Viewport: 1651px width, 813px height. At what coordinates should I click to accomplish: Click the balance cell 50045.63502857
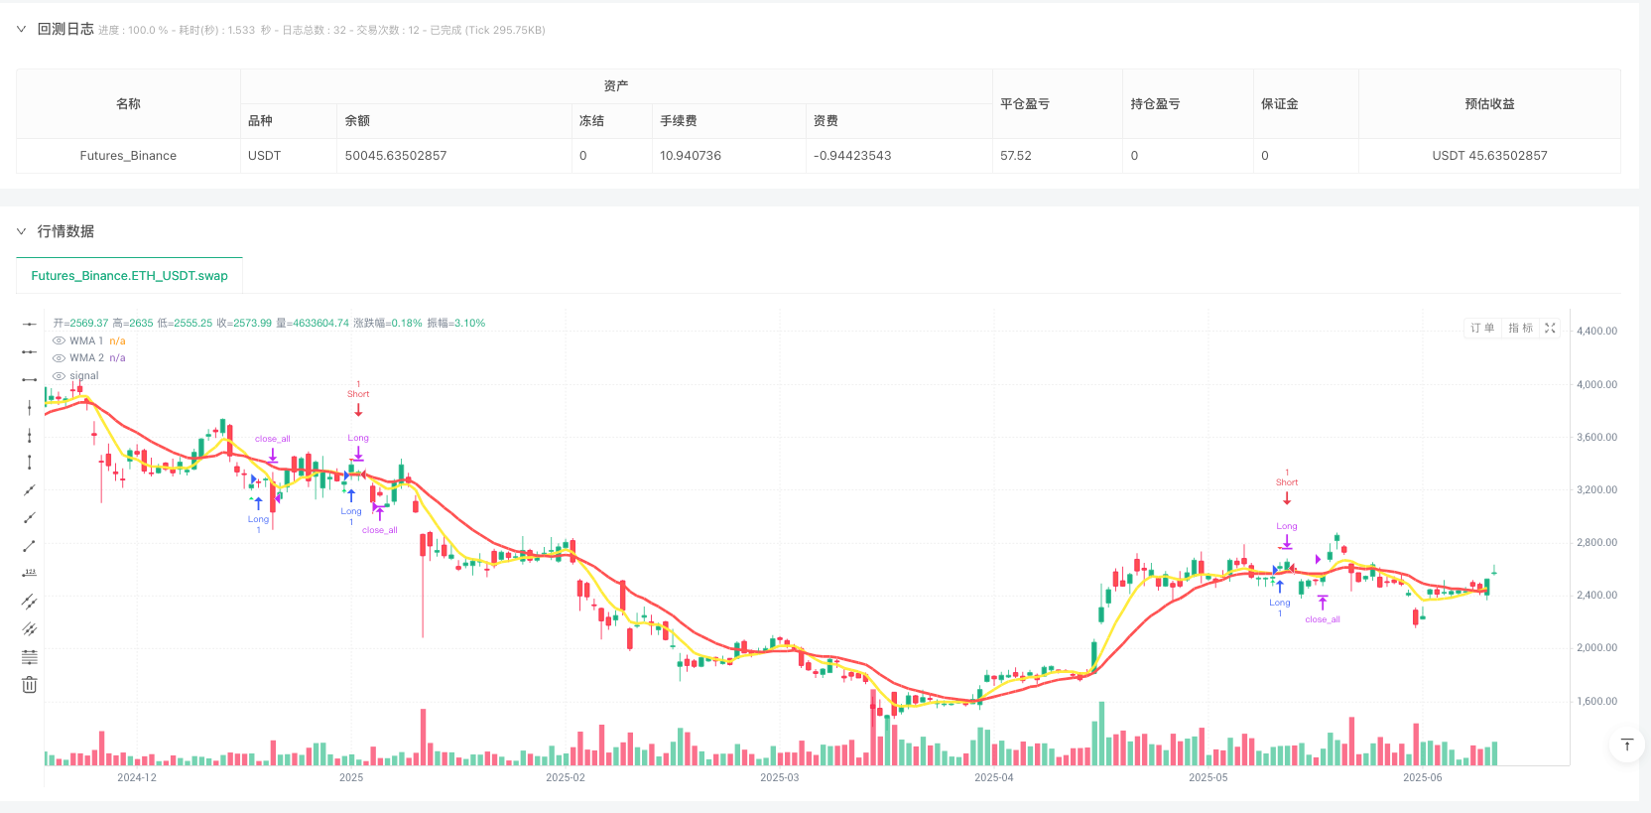(396, 156)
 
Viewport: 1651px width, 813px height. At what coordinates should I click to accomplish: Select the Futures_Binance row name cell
(128, 156)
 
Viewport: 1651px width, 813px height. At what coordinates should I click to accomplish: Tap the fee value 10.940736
(691, 156)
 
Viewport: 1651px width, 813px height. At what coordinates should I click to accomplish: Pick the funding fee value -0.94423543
(852, 156)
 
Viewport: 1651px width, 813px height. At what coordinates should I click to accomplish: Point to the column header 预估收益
(1489, 103)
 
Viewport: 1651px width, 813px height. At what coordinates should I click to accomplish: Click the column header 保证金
(1279, 103)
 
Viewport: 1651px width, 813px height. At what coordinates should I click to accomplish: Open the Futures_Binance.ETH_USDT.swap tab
(129, 276)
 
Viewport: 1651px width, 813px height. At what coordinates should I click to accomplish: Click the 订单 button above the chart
(1482, 328)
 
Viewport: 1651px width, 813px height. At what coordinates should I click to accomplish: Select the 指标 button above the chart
(1520, 328)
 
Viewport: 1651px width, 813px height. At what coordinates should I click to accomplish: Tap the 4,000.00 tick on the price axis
(1596, 384)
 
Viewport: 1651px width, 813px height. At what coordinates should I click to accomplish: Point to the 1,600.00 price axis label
(1596, 701)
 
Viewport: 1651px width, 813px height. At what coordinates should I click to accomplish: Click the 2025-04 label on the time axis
(994, 777)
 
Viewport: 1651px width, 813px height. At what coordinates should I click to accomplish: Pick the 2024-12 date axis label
(137, 777)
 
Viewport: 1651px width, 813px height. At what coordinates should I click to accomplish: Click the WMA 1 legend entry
(86, 340)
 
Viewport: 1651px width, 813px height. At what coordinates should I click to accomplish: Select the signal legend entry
(84, 375)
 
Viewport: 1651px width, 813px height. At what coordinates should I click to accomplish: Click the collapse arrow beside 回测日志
(21, 30)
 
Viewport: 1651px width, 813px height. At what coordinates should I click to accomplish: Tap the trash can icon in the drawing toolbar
(30, 685)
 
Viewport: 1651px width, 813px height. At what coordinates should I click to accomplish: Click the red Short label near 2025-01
(358, 394)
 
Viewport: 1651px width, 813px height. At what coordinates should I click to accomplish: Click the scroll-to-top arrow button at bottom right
(1626, 745)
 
